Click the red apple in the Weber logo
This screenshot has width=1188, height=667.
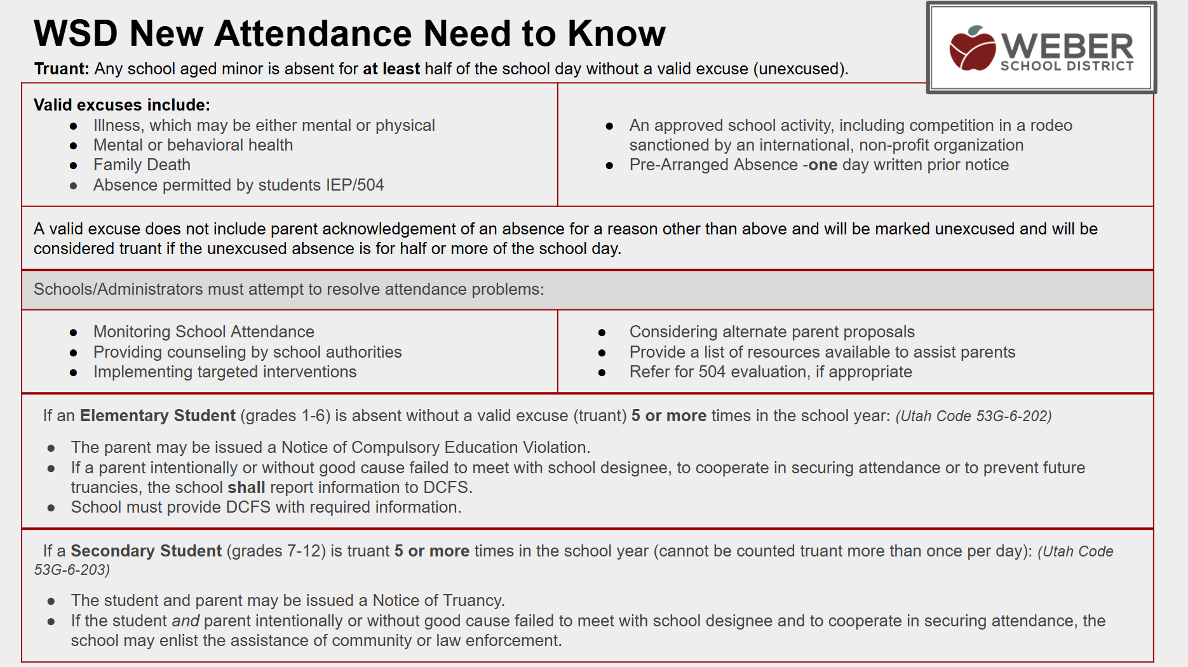[972, 50]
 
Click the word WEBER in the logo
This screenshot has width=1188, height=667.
[1067, 46]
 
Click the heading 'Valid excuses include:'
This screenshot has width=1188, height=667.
[122, 105]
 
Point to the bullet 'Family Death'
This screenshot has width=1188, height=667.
[142, 165]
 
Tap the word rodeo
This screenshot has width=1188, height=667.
[1051, 125]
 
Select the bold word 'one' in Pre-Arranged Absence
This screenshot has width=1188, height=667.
[823, 165]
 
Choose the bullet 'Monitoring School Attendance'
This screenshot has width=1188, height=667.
[203, 332]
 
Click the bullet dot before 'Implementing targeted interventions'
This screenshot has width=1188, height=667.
[74, 372]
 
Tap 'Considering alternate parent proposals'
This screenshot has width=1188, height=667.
[772, 332]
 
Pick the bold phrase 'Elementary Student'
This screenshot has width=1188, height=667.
[158, 415]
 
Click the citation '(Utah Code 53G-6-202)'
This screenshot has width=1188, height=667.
[973, 416]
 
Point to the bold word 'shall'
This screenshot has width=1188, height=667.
[246, 487]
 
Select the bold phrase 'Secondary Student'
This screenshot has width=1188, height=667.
[146, 551]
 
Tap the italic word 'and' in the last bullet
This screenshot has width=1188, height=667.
[186, 621]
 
